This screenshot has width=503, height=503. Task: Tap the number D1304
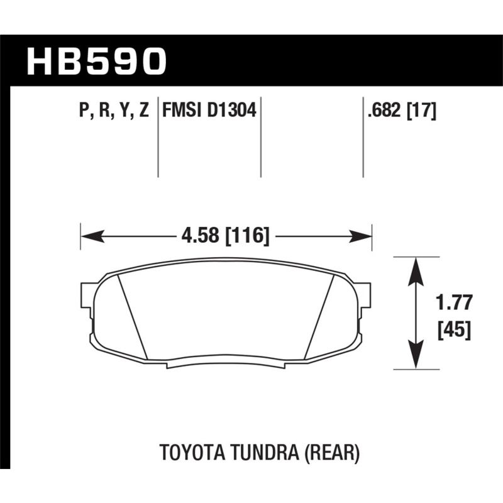(x=231, y=111)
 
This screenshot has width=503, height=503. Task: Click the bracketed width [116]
(x=246, y=237)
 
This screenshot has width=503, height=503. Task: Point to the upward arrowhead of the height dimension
(x=415, y=268)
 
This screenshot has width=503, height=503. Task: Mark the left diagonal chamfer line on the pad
(x=132, y=317)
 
